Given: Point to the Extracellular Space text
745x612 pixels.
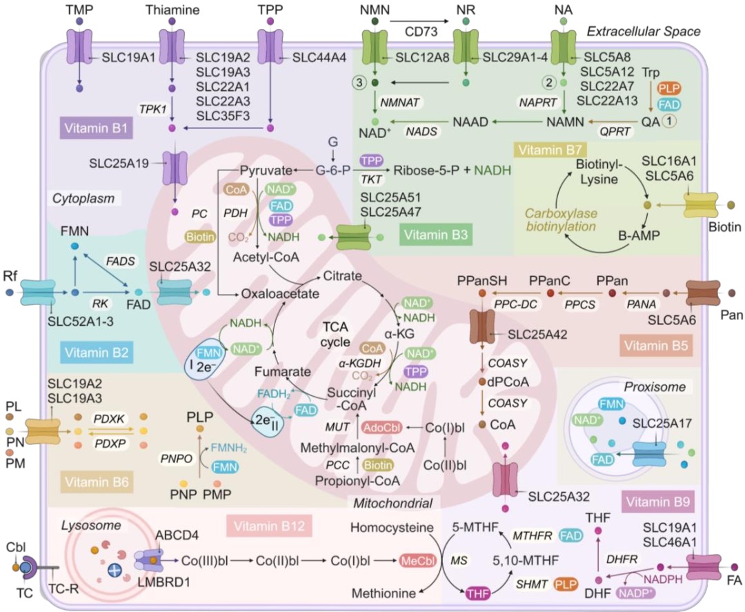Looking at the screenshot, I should [643, 31].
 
